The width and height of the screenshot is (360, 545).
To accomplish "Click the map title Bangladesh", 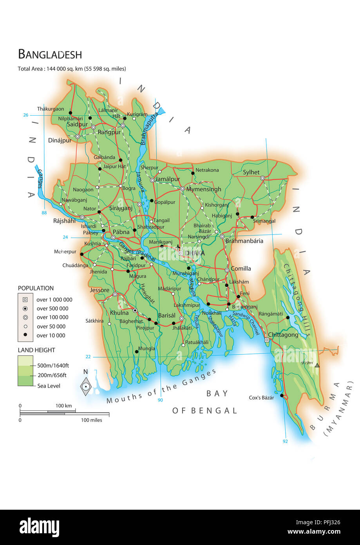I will coord(50,54).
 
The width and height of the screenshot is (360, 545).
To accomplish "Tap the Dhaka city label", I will coord(195,253).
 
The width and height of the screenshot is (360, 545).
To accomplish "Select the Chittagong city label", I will coord(283,335).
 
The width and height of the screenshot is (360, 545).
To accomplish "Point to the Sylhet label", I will coord(251,172).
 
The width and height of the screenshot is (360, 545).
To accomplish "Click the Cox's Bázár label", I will coord(261,398).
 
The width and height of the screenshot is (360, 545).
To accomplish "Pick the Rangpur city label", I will coord(109,132).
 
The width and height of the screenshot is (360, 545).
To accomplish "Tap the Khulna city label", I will coord(119,313).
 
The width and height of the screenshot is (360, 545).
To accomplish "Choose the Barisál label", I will coord(167,315).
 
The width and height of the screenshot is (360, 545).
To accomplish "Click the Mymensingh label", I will coord(204,189).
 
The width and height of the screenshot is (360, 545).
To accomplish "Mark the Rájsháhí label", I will coord(64,221).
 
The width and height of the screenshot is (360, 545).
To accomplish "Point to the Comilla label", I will coord(241,269).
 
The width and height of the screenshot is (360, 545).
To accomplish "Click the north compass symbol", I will coord(85,386).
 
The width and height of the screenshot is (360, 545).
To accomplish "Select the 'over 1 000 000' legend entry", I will coord(54,300).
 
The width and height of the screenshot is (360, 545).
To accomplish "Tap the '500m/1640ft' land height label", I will coord(53,365).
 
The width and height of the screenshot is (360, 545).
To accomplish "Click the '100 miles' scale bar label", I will coord(91,420).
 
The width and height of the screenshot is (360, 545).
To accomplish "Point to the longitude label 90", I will coord(160,400).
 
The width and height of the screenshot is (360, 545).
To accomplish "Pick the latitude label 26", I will coord(26,115).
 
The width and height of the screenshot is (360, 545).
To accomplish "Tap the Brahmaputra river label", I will coord(149,128).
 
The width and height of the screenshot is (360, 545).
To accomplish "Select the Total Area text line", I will coord(72,69).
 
